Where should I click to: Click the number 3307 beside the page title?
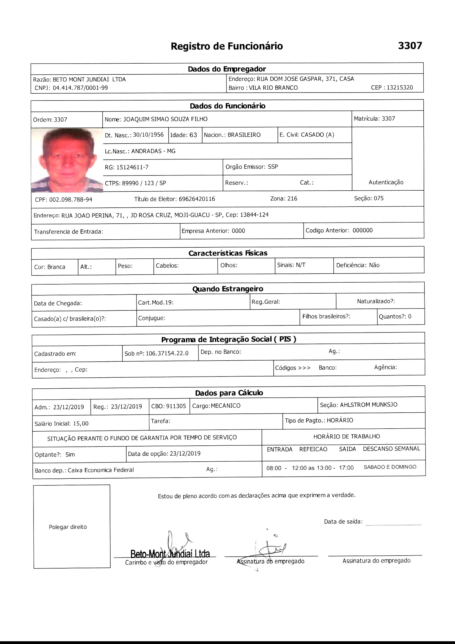pos(410,45)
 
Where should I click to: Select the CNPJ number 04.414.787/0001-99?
pos(80,88)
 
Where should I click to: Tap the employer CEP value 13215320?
pos(400,88)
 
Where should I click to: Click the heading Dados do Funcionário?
pos(227,106)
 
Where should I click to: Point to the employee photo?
pos(67,160)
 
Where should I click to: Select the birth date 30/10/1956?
pos(148,135)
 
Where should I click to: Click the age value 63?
pos(193,135)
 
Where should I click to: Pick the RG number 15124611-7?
pos(132,167)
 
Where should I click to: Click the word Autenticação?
pos(386,182)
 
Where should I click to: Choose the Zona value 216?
pos(292,199)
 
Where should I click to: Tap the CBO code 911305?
pos(176,406)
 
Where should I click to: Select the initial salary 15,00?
pos(81,424)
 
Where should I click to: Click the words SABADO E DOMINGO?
pos(390,467)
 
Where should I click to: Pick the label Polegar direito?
pos(68,527)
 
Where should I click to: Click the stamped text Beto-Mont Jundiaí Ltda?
pos(170,554)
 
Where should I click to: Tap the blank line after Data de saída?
pos(393,524)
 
